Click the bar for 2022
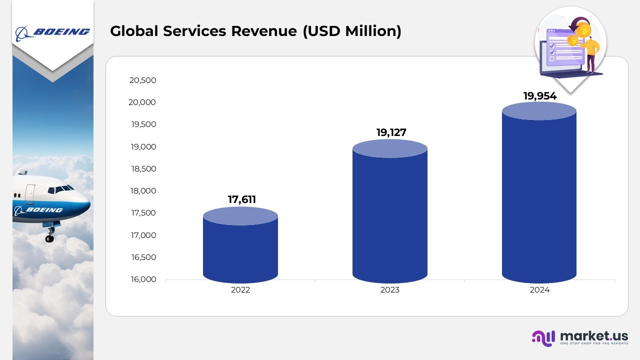pyautogui.click(x=240, y=247)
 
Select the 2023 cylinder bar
pyautogui.click(x=390, y=215)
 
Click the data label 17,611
pyautogui.click(x=242, y=199)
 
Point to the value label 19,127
pyautogui.click(x=391, y=132)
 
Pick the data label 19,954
pyautogui.click(x=540, y=96)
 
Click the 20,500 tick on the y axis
pyautogui.click(x=143, y=80)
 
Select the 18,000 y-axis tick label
pyautogui.click(x=143, y=190)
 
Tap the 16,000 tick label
pyautogui.click(x=143, y=279)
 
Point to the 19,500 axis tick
pyautogui.click(x=143, y=124)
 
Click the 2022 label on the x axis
pyautogui.click(x=240, y=290)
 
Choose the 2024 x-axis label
pyautogui.click(x=540, y=290)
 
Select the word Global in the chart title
pyautogui.click(x=131, y=31)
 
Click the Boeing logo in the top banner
pyautogui.click(x=52, y=32)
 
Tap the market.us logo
pyautogui.click(x=579, y=337)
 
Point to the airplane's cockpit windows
pyautogui.click(x=62, y=189)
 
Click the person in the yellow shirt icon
pyautogui.click(x=591, y=50)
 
